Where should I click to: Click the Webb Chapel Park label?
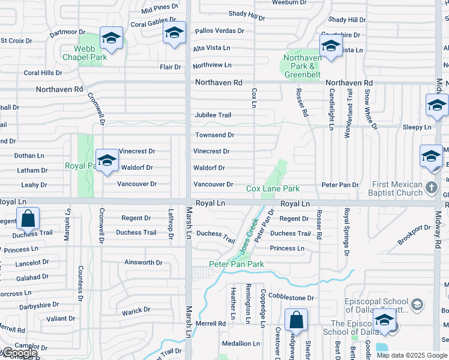[85, 53]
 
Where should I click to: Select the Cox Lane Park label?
[273, 189]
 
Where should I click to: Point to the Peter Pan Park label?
[237, 264]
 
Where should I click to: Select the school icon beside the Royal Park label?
[107, 161]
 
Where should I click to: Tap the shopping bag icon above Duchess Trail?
[28, 220]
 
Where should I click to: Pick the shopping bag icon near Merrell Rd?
[296, 320]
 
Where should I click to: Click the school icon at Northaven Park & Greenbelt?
[331, 46]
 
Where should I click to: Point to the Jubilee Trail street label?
[212, 115]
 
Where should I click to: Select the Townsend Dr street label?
[214, 136]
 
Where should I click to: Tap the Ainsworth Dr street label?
[143, 263]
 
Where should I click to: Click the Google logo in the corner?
[19, 353]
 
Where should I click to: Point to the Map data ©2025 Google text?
[412, 355]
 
